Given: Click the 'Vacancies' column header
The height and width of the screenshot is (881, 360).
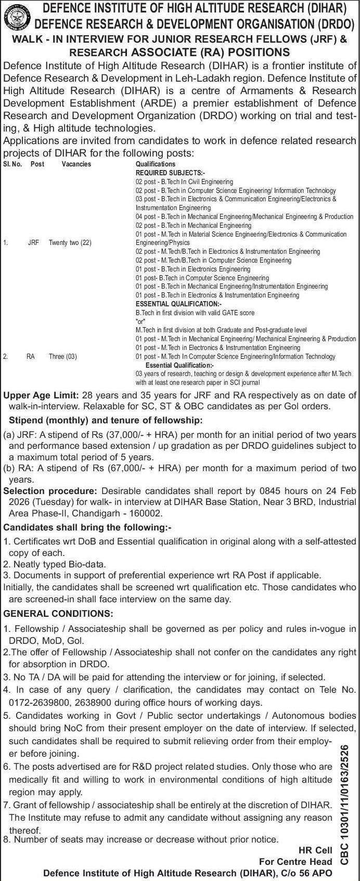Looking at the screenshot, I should pos(76,164).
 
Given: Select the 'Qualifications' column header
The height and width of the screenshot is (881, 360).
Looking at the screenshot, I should pos(156,164).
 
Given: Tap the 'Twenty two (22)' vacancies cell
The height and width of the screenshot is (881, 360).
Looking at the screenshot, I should pos(70,242).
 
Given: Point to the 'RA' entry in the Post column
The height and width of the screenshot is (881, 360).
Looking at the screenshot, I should pos(31,356).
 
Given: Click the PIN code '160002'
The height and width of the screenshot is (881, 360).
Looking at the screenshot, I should pos(148,513).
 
